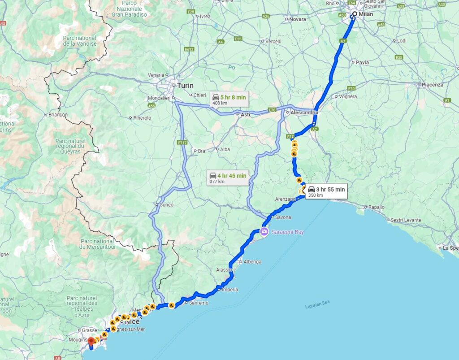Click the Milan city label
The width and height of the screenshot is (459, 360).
coord(365,14)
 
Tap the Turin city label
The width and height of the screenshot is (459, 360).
coord(185,85)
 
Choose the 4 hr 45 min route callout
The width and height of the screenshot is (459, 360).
coord(228,178)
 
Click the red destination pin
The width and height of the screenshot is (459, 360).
coord(91,343)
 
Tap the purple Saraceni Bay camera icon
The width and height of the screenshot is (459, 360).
coord(264,231)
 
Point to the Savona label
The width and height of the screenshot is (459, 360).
coord(283,217)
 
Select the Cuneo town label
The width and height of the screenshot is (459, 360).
coord(166,205)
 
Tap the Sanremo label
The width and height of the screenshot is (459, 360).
coord(199,303)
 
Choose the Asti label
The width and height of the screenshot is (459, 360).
coord(245,115)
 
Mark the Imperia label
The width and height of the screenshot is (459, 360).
coord(230,290)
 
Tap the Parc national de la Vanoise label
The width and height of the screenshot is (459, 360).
coord(80,41)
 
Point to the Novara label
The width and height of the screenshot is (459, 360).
coord(298,19)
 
